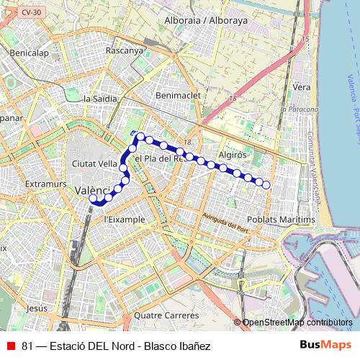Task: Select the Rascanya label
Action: [124, 50]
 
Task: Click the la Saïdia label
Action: [100, 99]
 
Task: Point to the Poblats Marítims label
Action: [281, 219]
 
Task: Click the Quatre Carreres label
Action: [166, 315]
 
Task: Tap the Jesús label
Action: [36, 307]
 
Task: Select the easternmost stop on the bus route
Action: [266, 185]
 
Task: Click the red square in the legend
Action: [11, 346]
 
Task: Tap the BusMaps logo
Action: [325, 346]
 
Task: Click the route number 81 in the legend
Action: [27, 346]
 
